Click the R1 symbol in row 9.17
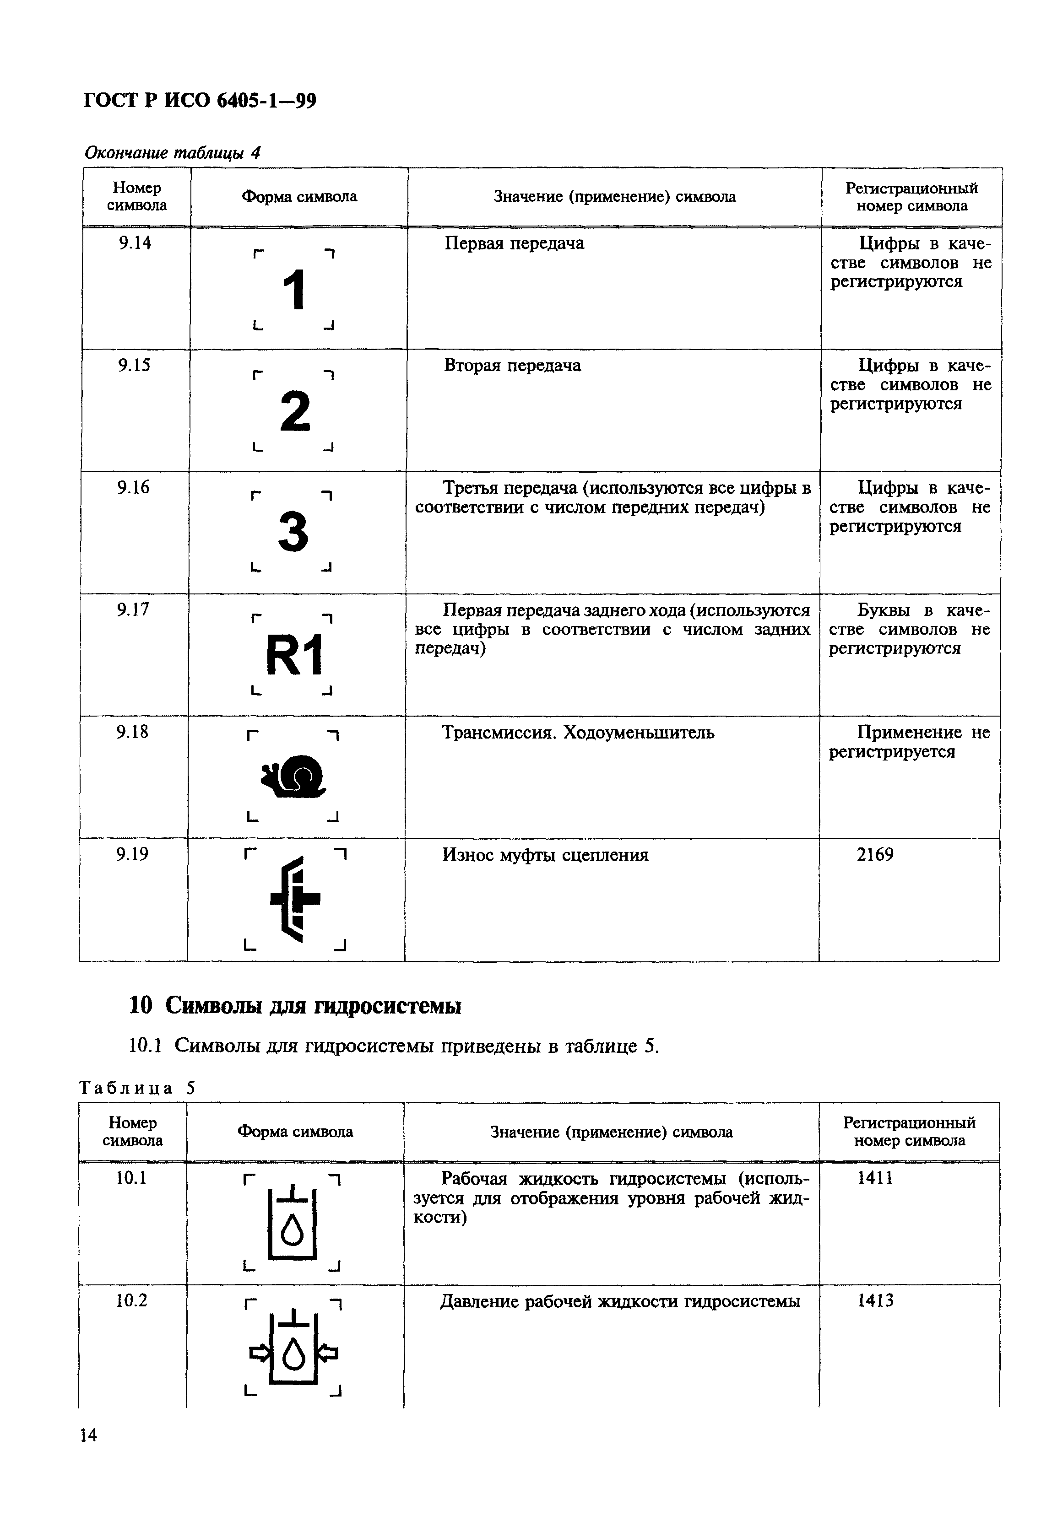click(x=294, y=655)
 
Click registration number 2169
click(x=874, y=855)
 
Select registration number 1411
click(x=874, y=1178)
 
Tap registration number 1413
click(x=875, y=1301)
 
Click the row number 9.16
click(x=134, y=488)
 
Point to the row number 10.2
click(x=132, y=1301)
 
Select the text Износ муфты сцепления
click(x=545, y=855)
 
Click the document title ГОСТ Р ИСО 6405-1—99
click(x=200, y=101)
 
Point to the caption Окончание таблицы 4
click(x=173, y=153)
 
